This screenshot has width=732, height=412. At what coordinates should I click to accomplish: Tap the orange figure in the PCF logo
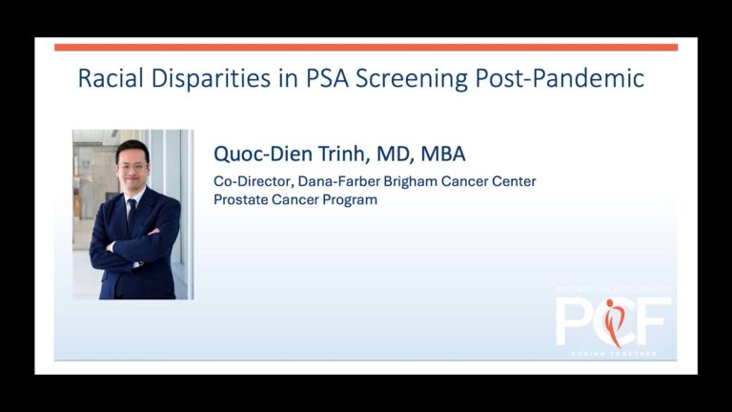point(612,321)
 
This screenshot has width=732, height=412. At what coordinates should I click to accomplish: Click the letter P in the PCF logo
point(575,321)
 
